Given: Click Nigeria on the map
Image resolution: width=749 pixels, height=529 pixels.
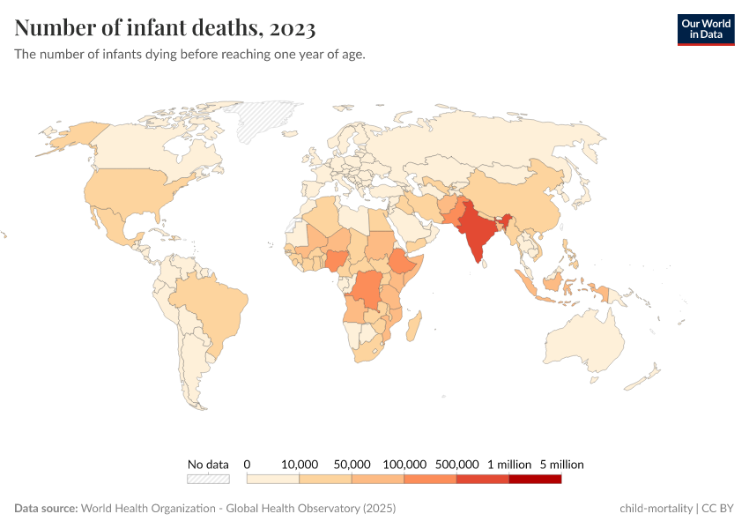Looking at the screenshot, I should [x=337, y=261].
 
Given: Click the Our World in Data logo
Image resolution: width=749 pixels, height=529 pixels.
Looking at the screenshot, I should [x=706, y=29].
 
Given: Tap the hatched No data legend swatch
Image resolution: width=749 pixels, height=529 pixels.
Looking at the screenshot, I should [x=208, y=479].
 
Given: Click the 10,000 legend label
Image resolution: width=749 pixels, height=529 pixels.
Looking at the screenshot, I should [x=300, y=464].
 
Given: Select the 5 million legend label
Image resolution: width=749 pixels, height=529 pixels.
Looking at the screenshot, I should [x=561, y=464].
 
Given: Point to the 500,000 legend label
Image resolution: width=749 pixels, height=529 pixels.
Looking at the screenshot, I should [x=456, y=464].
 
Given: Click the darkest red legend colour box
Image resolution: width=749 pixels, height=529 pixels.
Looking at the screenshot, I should [x=535, y=479].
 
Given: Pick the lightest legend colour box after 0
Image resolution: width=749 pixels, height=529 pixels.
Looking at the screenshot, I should [x=273, y=479].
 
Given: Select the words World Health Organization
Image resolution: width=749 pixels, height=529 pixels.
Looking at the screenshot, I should [x=146, y=509].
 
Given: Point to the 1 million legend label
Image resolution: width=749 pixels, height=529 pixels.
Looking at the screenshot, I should [x=509, y=464].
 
